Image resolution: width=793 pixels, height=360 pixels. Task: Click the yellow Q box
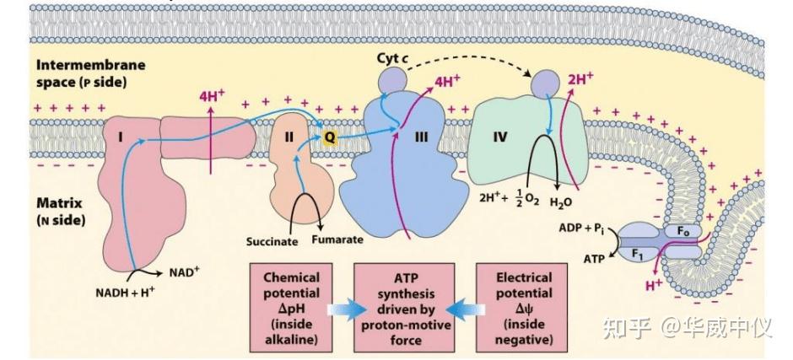(x=330, y=137)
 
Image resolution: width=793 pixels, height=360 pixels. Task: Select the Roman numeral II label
(x=289, y=137)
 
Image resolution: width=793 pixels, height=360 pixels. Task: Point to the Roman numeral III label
(x=421, y=137)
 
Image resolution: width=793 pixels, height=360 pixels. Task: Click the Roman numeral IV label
(x=499, y=137)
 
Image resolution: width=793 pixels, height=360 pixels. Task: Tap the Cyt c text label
(x=393, y=59)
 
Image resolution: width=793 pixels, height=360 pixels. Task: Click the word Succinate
(x=272, y=242)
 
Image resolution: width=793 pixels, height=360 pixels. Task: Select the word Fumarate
(x=337, y=239)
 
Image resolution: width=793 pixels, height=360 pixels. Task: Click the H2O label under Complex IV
(x=561, y=202)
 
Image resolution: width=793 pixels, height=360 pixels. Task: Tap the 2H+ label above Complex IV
(x=580, y=79)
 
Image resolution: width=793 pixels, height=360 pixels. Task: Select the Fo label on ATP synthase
(x=683, y=232)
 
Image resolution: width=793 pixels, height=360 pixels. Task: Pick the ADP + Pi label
(x=581, y=228)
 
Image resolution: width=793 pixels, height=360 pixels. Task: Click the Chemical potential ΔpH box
(x=291, y=308)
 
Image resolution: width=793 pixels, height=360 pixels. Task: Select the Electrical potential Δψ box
(x=522, y=308)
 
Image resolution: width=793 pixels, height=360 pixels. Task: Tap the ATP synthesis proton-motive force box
(x=404, y=308)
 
